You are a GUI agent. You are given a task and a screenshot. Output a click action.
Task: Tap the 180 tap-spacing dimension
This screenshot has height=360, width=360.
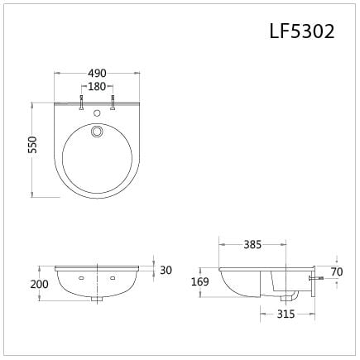96,86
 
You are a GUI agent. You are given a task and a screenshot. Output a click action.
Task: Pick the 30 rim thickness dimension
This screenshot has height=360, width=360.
166,270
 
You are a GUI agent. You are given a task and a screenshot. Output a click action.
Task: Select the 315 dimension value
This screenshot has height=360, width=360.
286,314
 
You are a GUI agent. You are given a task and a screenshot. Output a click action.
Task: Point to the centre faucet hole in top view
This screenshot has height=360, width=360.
97,108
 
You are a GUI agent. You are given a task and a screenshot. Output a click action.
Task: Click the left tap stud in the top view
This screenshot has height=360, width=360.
81,104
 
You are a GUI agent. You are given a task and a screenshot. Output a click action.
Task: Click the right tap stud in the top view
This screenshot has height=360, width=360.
112,104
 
